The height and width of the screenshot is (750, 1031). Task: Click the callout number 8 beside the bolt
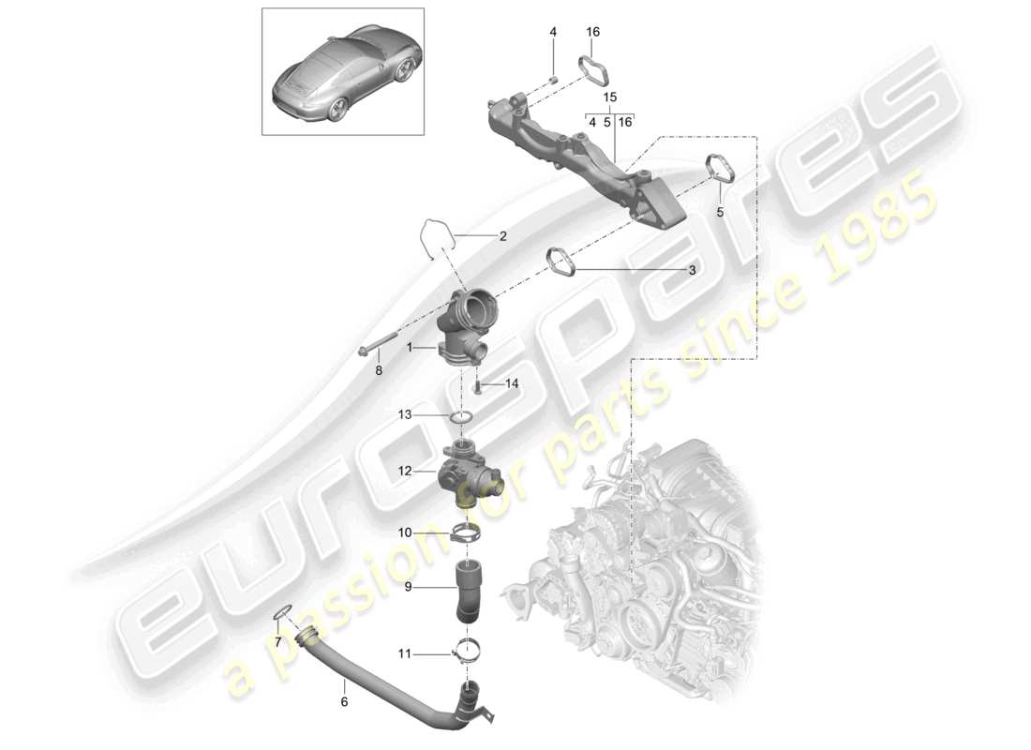(379, 370)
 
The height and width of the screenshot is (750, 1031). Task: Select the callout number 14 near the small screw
(511, 383)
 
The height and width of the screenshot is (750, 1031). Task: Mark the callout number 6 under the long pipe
(344, 700)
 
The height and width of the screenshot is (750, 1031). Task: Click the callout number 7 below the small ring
(277, 641)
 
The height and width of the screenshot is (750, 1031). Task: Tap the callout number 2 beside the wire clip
(502, 237)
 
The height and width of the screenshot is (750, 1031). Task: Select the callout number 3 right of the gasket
(692, 270)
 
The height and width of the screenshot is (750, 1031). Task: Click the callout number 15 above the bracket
(609, 97)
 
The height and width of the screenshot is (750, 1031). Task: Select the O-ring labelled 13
(462, 418)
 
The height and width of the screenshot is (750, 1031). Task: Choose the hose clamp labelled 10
(465, 536)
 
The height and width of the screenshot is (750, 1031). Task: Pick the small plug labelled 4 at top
(554, 79)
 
